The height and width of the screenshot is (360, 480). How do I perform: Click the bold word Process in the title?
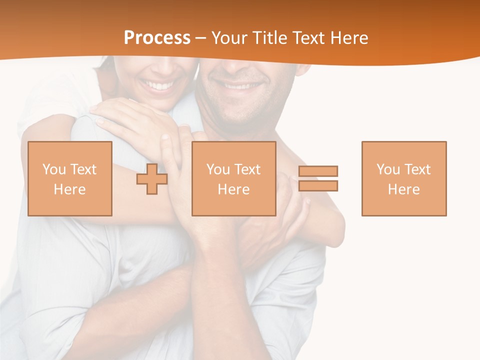[157, 38]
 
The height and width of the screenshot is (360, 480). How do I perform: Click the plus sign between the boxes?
[152, 178]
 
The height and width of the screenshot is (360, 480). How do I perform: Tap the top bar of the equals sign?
[318, 171]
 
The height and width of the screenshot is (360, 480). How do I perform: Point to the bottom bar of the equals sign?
[318, 186]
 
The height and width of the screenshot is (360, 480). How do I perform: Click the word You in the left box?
[54, 169]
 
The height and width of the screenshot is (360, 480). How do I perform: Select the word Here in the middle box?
[233, 189]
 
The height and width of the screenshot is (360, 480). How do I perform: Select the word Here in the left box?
[69, 189]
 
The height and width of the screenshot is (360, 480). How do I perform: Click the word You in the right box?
[388, 169]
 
